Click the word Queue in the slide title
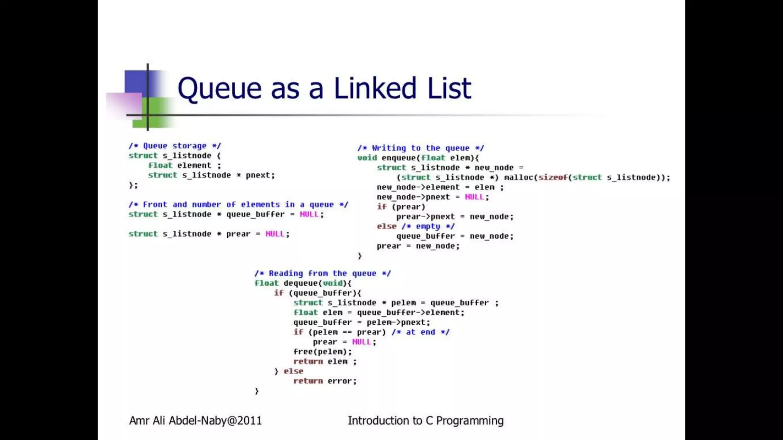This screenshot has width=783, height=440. [219, 89]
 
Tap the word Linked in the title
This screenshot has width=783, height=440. [375, 88]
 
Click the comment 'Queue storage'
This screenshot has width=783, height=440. [175, 146]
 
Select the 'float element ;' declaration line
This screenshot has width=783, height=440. [185, 165]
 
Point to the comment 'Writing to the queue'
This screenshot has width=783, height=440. [421, 148]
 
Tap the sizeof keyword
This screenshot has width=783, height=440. [552, 178]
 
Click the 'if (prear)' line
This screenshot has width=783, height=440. [401, 207]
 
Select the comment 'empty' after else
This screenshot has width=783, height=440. [428, 226]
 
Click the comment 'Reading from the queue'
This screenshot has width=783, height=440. [322, 273]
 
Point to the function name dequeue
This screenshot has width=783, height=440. [300, 283]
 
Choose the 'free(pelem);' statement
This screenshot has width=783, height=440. [322, 352]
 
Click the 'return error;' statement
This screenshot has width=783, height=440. [325, 381]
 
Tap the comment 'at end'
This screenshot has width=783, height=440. [420, 332]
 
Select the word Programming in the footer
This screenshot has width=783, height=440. [469, 421]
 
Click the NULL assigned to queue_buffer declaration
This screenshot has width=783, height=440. [309, 215]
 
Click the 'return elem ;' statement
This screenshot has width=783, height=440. [325, 362]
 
